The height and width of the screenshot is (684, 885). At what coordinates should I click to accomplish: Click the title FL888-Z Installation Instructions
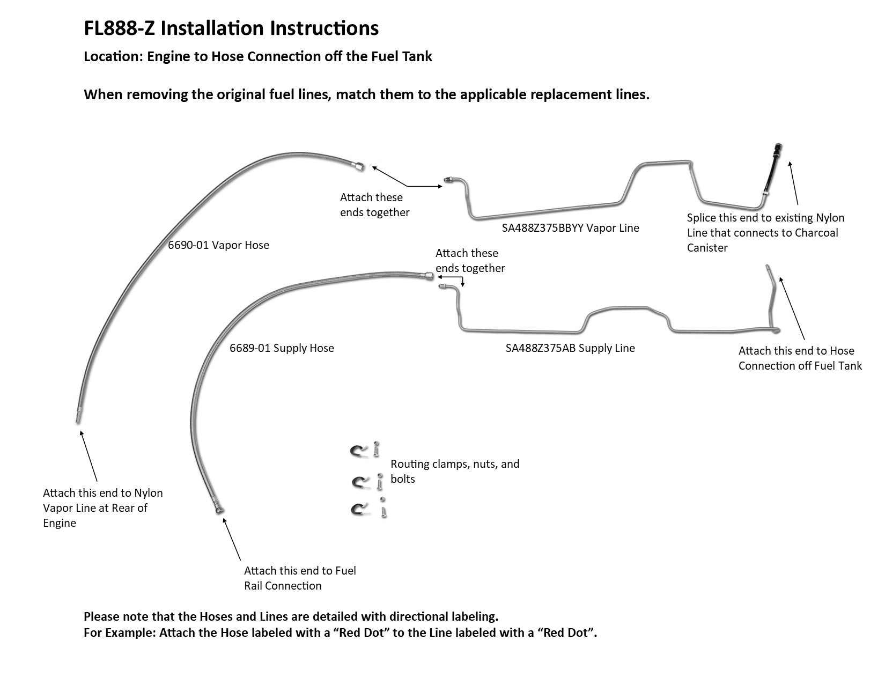[x=231, y=28]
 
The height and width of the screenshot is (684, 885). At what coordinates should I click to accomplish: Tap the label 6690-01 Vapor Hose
[x=218, y=245]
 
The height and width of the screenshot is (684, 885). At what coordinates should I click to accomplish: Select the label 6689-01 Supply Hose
[x=282, y=348]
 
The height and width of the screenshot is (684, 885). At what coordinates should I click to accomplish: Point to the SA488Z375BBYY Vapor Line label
[x=570, y=228]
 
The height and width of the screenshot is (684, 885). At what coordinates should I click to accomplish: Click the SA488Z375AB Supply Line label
[x=570, y=348]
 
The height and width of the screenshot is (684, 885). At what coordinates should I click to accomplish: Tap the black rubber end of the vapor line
[x=772, y=166]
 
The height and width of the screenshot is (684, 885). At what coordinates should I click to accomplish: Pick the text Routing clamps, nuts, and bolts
[x=455, y=471]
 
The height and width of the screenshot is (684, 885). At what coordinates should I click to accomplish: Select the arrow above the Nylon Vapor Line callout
[x=88, y=455]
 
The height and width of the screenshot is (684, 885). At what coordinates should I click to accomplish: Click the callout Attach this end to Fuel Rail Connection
[x=300, y=578]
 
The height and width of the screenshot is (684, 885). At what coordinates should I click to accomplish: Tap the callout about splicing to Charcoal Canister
[x=765, y=233]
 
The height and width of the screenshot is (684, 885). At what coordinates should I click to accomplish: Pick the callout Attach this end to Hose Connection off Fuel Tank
[x=800, y=358]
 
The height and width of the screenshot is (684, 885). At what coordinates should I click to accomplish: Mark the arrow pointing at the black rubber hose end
[x=793, y=182]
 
